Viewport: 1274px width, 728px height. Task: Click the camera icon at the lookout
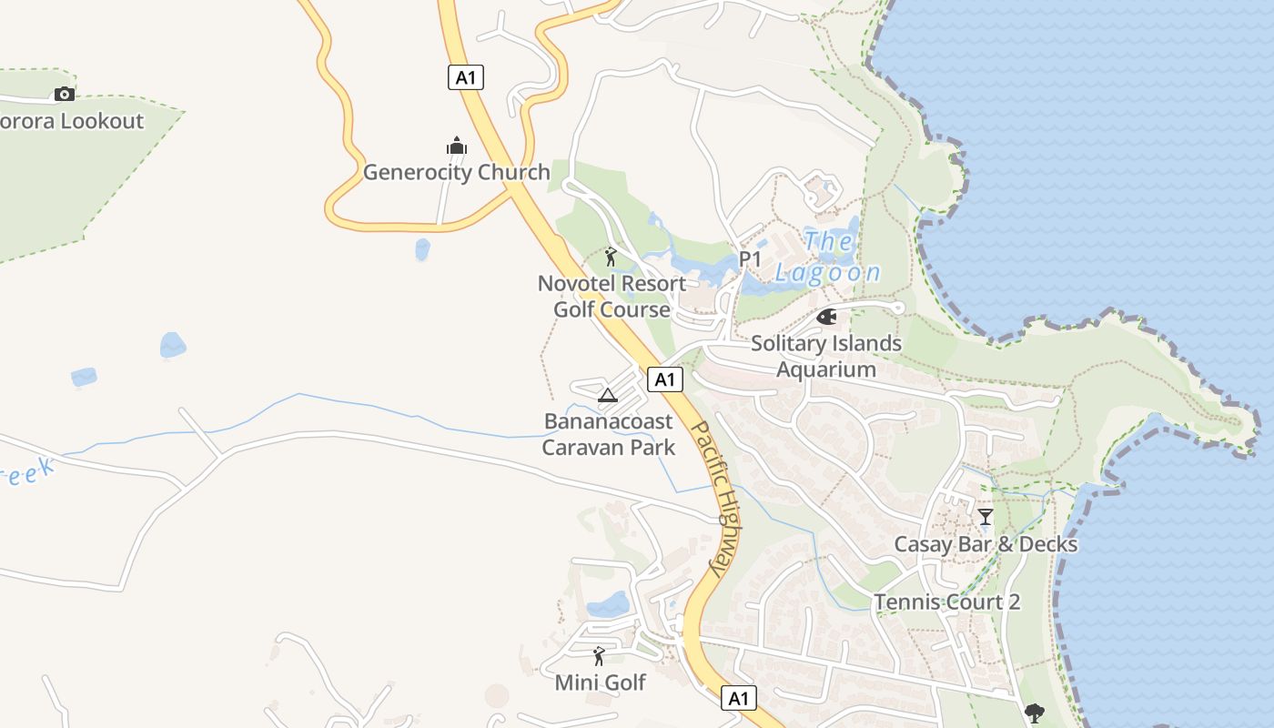(x=64, y=94)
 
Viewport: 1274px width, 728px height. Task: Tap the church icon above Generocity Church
(x=456, y=146)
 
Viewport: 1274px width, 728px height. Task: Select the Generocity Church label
(x=456, y=172)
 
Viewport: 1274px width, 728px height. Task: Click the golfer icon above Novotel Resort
(x=611, y=257)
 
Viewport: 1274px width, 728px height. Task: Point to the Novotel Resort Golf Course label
(x=612, y=297)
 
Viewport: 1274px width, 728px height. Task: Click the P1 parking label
(x=750, y=259)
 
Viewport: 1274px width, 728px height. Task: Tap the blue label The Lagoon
(x=828, y=258)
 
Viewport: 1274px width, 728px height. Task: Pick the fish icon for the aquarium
(x=826, y=317)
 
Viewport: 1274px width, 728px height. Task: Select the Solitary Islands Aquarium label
(x=826, y=356)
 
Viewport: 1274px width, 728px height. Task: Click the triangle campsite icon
(x=608, y=395)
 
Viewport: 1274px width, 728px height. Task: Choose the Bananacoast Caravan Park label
(x=609, y=434)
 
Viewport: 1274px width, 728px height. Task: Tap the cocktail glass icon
(x=985, y=517)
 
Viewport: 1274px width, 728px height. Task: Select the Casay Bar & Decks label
(x=986, y=544)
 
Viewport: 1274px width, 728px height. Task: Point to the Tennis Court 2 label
(x=947, y=602)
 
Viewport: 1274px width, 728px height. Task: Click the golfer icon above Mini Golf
(x=599, y=655)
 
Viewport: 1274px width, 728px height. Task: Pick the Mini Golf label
(x=600, y=682)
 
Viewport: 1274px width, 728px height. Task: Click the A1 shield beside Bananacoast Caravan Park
(x=665, y=379)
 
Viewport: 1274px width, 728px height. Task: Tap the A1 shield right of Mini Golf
(x=739, y=698)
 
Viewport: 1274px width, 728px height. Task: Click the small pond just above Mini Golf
(x=609, y=605)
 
